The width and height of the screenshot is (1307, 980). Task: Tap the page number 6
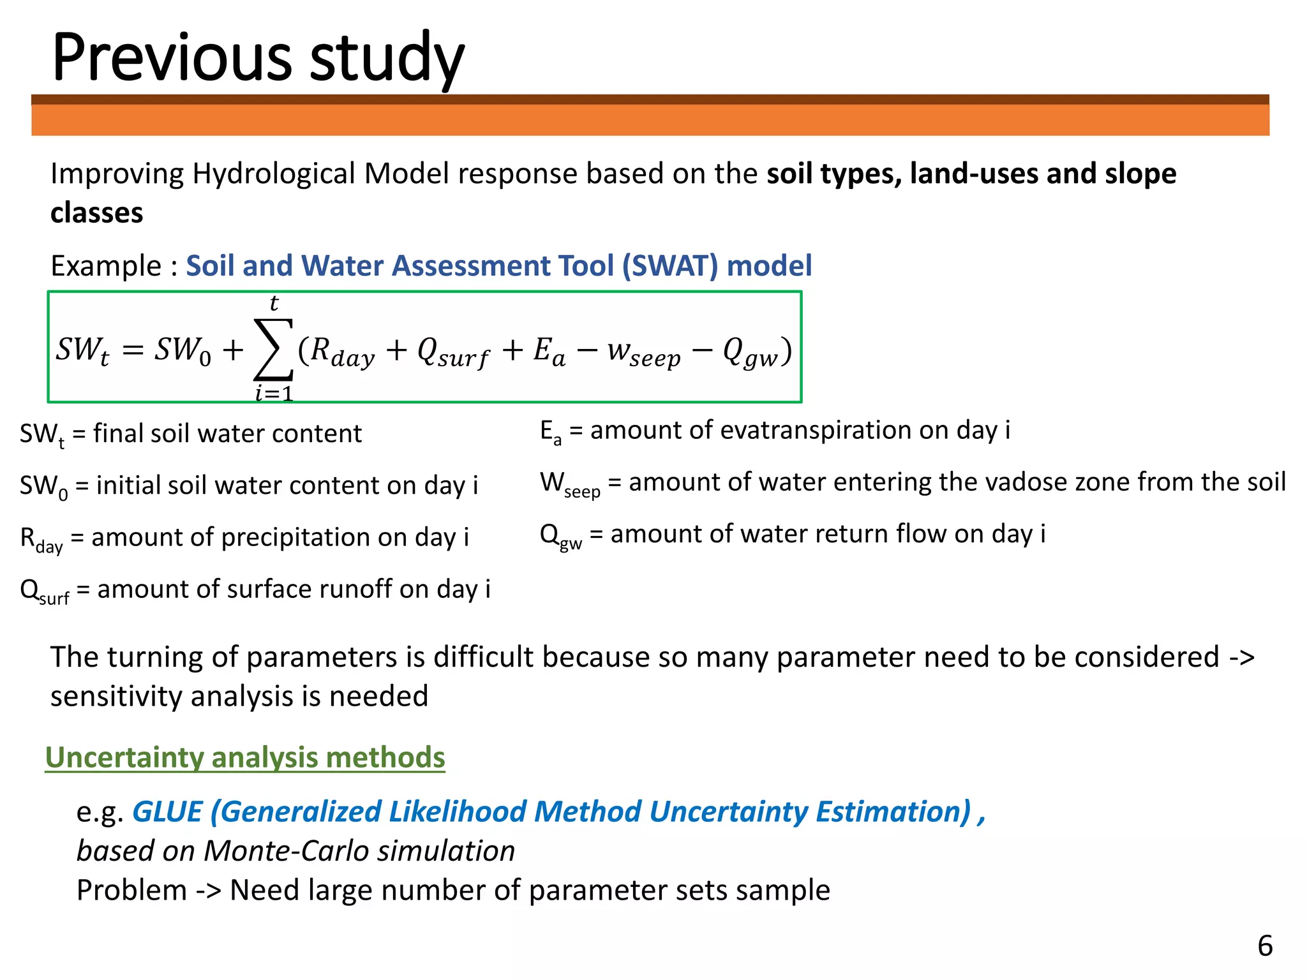[1265, 945]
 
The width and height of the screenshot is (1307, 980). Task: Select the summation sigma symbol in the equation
[274, 350]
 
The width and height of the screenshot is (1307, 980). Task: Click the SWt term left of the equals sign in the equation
[82, 350]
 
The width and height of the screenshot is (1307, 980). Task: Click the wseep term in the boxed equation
[643, 352]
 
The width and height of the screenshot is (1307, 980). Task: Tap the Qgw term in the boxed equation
[751, 352]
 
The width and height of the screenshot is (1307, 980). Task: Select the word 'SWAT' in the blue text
[678, 265]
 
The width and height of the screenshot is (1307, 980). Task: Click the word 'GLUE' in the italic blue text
[167, 812]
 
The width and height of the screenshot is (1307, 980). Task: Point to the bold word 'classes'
[97, 213]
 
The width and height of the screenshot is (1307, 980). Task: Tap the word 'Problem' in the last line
[131, 890]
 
